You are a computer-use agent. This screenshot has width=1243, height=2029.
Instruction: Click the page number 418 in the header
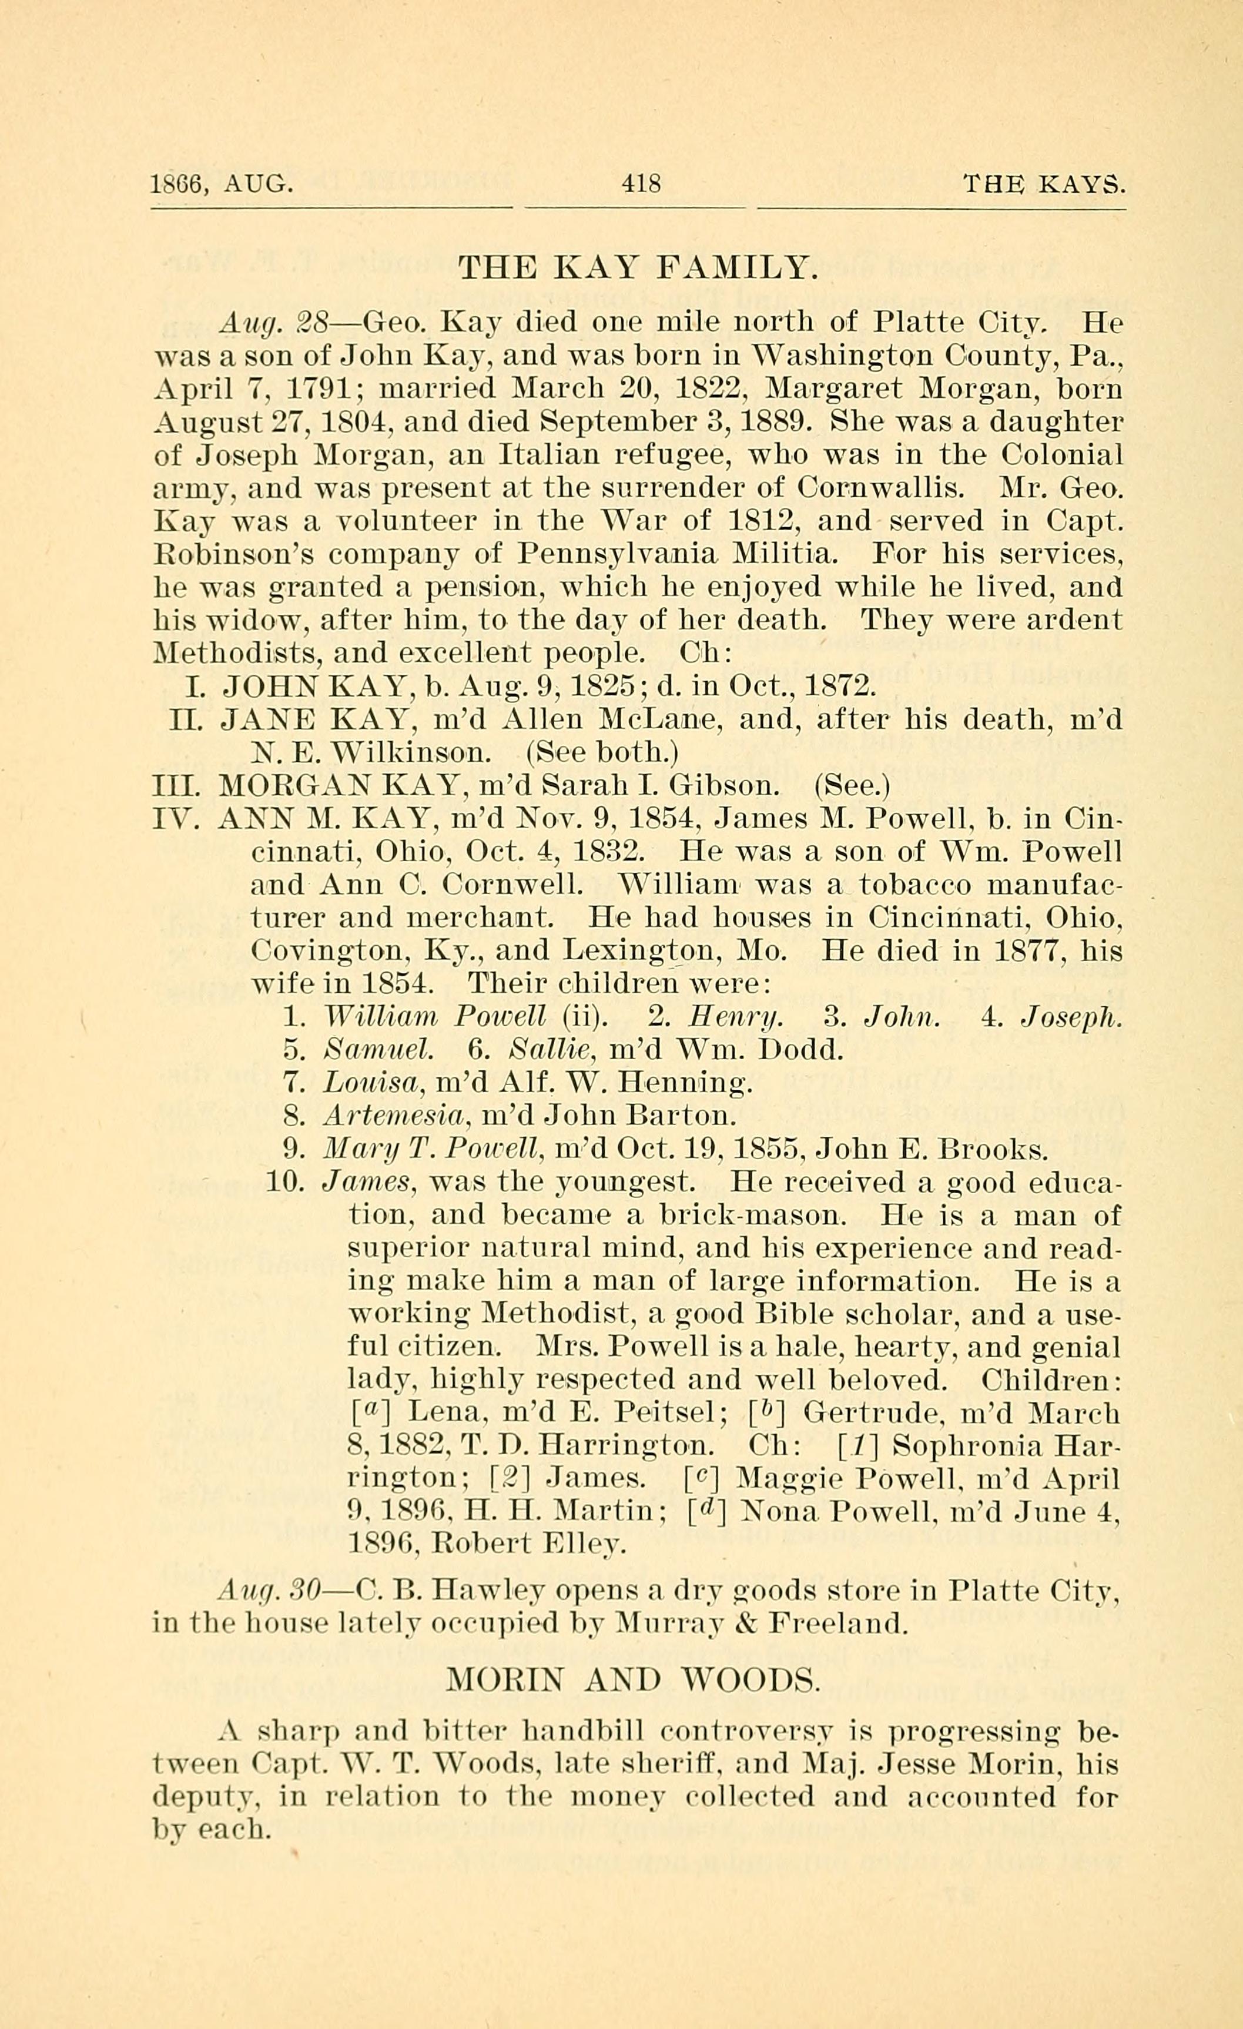click(x=641, y=182)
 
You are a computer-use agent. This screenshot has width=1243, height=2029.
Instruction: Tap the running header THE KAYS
click(x=1043, y=182)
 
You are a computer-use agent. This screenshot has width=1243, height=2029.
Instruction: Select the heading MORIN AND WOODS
click(x=632, y=1678)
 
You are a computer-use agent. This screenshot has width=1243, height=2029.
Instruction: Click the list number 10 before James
click(x=286, y=1183)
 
